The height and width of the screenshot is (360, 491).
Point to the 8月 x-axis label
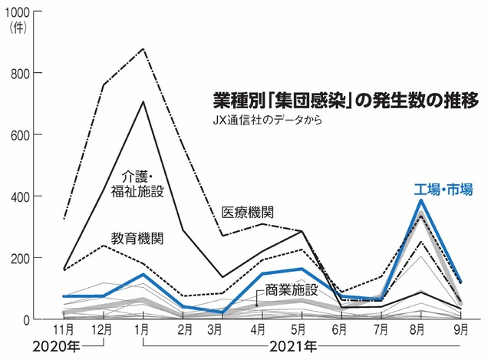(x=420, y=329)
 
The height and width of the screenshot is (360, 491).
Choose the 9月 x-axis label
(x=460, y=329)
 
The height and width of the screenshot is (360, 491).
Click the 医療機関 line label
(x=247, y=210)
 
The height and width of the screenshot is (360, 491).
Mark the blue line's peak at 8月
(x=420, y=200)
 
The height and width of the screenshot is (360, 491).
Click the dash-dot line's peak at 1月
(x=143, y=49)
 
